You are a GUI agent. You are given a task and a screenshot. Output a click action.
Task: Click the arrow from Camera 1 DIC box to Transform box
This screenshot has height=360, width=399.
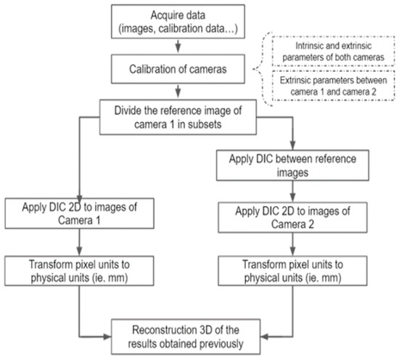coord(79,243)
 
